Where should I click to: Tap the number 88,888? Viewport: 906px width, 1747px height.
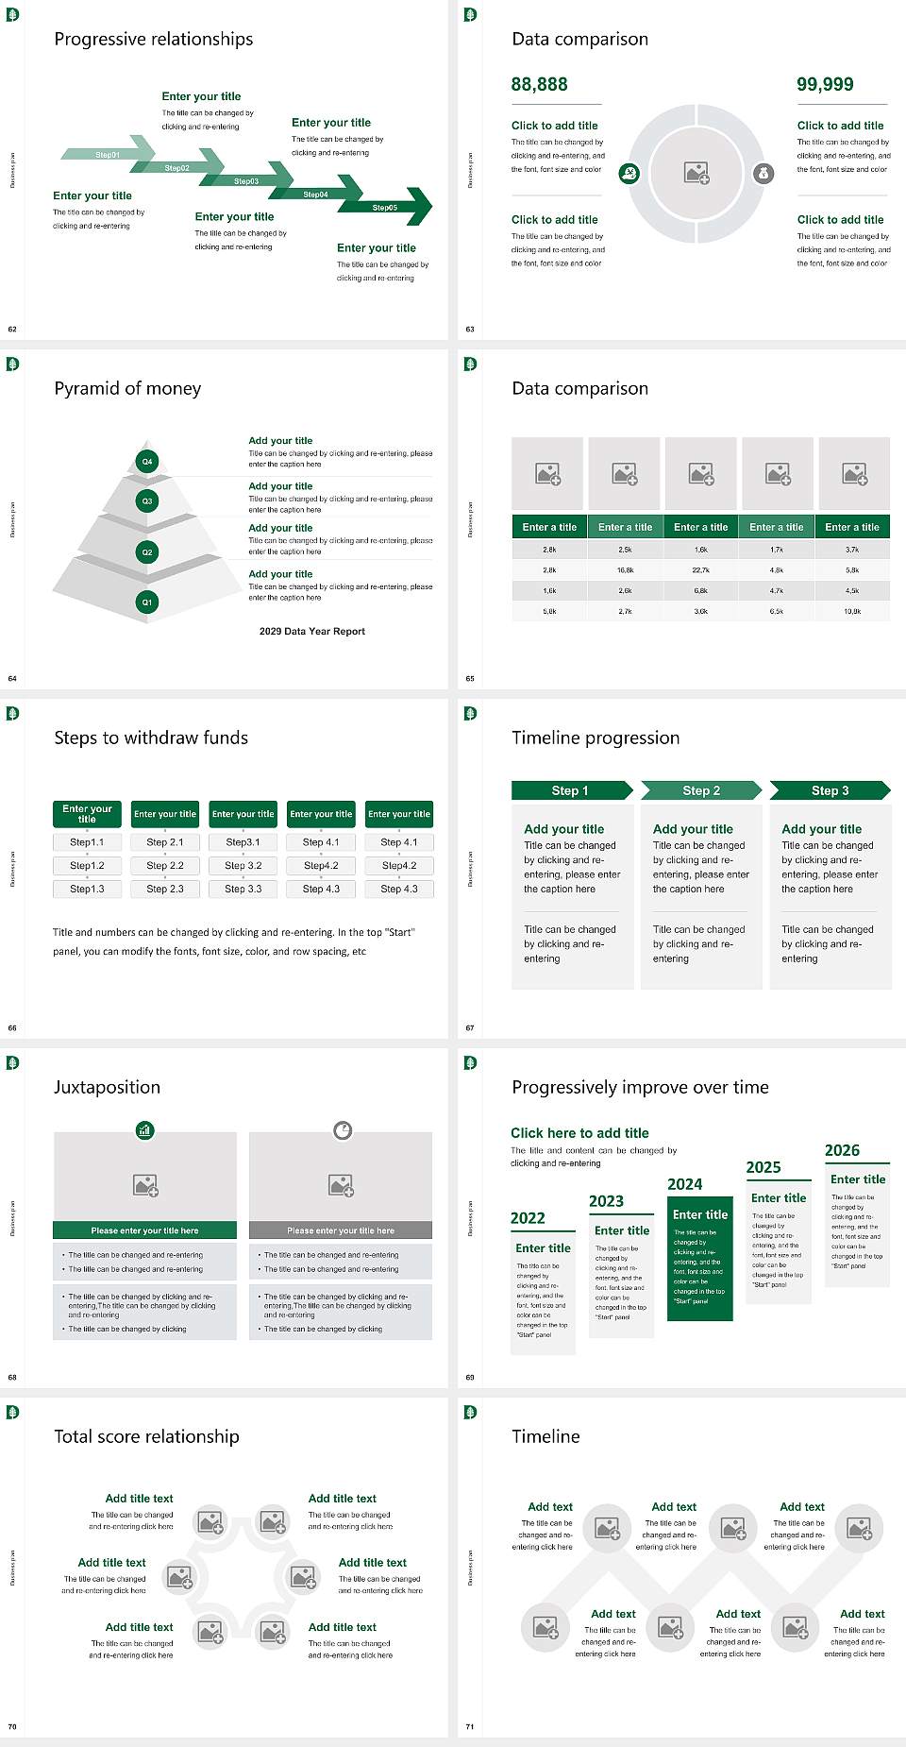tap(540, 85)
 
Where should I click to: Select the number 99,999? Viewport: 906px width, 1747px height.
tap(825, 85)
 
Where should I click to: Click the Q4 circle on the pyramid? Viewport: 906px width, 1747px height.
tap(147, 462)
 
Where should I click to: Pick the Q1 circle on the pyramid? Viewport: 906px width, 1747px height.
tap(147, 602)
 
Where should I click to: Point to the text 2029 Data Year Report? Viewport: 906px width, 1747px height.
tap(312, 632)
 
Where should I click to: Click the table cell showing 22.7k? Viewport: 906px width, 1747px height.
tap(700, 570)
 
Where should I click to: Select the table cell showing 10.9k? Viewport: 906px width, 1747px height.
tap(852, 612)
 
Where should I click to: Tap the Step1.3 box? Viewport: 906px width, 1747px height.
tap(87, 889)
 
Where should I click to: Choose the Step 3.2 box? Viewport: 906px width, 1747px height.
tap(243, 865)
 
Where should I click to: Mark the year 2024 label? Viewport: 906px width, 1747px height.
tap(685, 1185)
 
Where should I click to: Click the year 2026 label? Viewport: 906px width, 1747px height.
tap(842, 1150)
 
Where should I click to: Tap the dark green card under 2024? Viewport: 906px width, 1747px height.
tap(700, 1261)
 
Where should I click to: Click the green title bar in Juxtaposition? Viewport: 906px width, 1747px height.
tap(144, 1230)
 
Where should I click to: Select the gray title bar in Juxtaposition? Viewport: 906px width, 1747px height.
tap(341, 1230)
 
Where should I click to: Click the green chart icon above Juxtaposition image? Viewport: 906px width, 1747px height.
tap(144, 1129)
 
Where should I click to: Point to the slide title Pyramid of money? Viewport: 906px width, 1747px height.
tap(127, 389)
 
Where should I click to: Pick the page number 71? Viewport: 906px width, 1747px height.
tap(470, 1726)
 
